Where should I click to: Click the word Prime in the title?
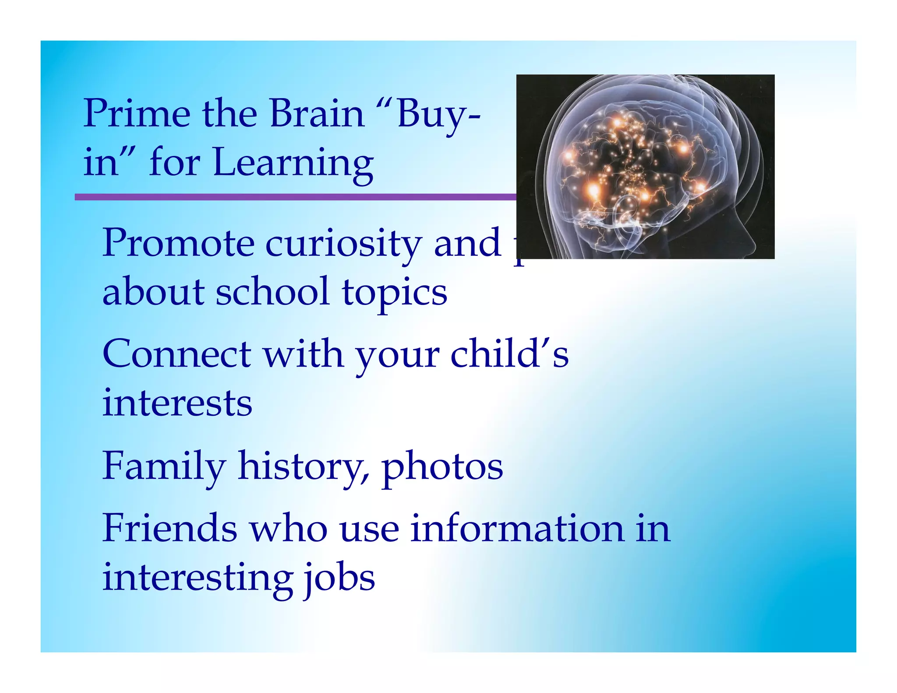[137, 114]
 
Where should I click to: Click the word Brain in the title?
[317, 114]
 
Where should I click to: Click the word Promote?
[178, 244]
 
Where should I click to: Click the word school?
[272, 292]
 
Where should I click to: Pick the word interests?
[177, 403]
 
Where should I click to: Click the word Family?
[164, 467]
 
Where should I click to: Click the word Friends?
[170, 528]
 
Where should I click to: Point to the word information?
[517, 528]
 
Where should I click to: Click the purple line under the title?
[293, 197]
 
